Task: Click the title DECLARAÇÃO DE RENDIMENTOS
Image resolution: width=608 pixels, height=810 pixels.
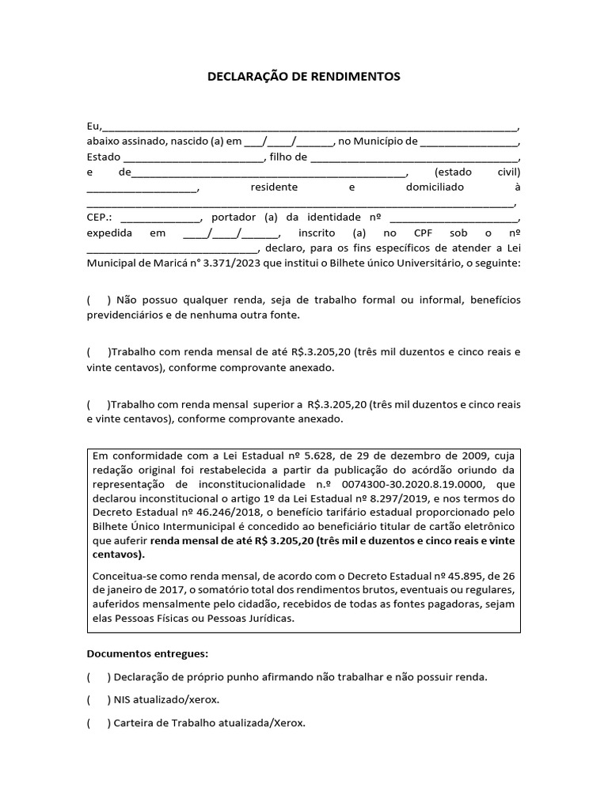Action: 303,77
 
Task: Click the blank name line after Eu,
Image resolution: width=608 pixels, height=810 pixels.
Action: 310,128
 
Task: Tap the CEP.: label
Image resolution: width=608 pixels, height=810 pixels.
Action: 100,218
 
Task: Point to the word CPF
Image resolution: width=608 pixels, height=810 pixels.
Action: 424,233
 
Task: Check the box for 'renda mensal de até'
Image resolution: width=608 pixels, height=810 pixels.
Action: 97,353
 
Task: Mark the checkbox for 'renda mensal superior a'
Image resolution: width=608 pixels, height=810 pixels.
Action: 97,404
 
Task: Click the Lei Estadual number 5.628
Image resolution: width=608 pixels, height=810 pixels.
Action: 318,456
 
